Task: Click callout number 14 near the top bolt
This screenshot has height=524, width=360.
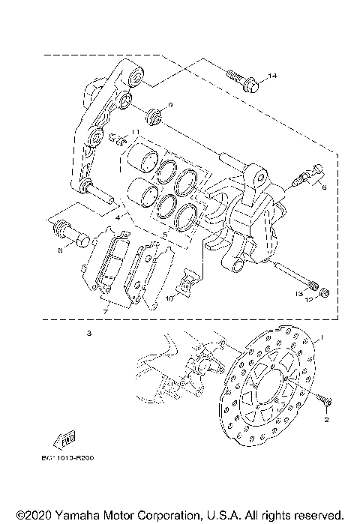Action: (273, 76)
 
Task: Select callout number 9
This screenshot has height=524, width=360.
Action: (169, 105)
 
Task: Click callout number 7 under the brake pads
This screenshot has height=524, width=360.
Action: (104, 310)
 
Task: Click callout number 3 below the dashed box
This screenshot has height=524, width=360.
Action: (88, 332)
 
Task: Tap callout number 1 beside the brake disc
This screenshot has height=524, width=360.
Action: (323, 338)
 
